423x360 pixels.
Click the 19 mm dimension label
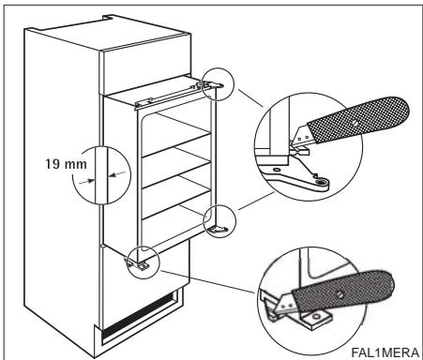pyautogui.click(x=66, y=164)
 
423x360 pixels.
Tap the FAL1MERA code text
pyautogui.click(x=385, y=352)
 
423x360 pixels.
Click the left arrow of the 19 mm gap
pyautogui.click(x=86, y=181)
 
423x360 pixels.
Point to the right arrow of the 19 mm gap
pyautogui.click(x=116, y=173)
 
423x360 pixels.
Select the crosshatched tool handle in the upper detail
pyautogui.click(x=358, y=120)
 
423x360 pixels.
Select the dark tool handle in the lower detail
pyautogui.click(x=342, y=292)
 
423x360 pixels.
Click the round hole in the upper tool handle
pyautogui.click(x=355, y=123)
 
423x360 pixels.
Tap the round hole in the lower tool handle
pyautogui.click(x=340, y=293)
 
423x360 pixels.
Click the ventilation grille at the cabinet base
pyautogui.click(x=138, y=316)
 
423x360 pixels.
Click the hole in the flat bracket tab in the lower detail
pyautogui.click(x=317, y=317)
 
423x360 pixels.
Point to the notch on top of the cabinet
pyautogui.click(x=108, y=17)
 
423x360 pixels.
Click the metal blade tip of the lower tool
pyautogui.click(x=285, y=303)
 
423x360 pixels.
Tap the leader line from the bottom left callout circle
pyautogui.click(x=207, y=282)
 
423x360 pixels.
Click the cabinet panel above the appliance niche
pyautogui.click(x=145, y=66)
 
